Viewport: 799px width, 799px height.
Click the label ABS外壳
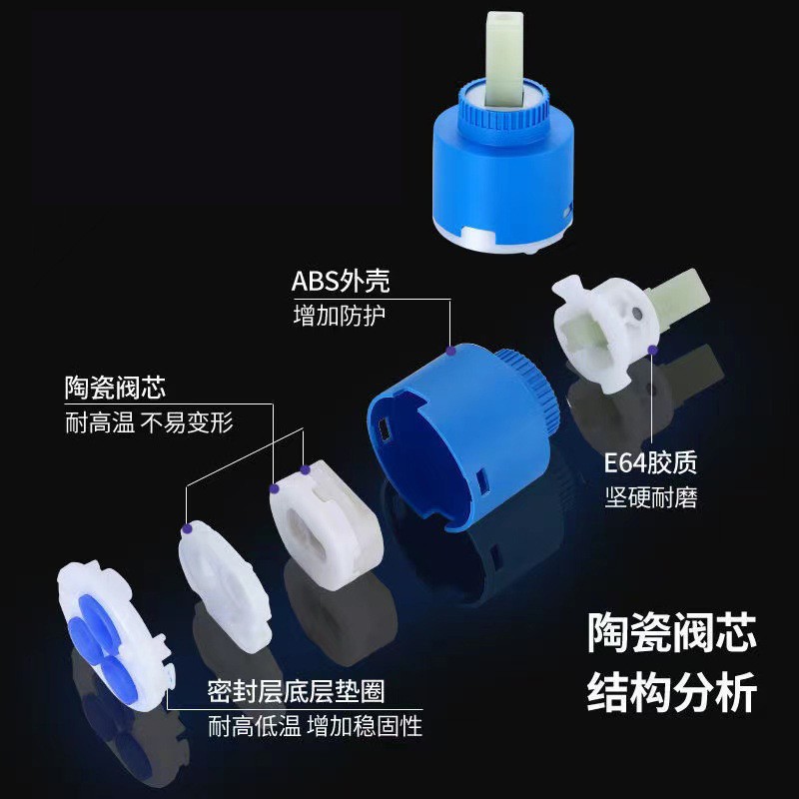[341, 281]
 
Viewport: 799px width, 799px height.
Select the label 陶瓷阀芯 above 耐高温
[114, 387]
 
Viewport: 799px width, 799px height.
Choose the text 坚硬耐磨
[650, 497]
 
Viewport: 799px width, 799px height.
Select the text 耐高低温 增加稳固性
[315, 725]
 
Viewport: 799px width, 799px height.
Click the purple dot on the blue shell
[450, 351]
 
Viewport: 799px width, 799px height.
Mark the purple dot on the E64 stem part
[651, 350]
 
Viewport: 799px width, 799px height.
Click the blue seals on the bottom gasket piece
[98, 634]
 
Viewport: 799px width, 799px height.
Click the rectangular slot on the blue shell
[385, 429]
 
